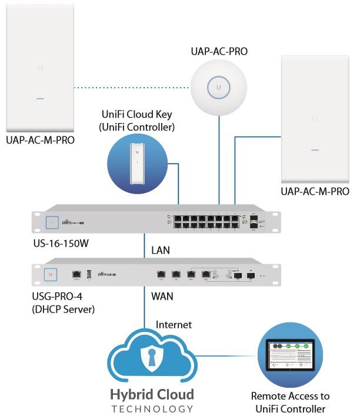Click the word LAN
pyautogui.click(x=160, y=250)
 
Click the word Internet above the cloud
pyautogui.click(x=174, y=324)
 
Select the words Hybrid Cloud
pyautogui.click(x=152, y=394)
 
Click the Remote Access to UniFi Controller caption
pyautogui.click(x=290, y=403)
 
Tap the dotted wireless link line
pyautogui.click(x=132, y=88)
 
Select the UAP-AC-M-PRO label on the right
pyautogui.click(x=315, y=191)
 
